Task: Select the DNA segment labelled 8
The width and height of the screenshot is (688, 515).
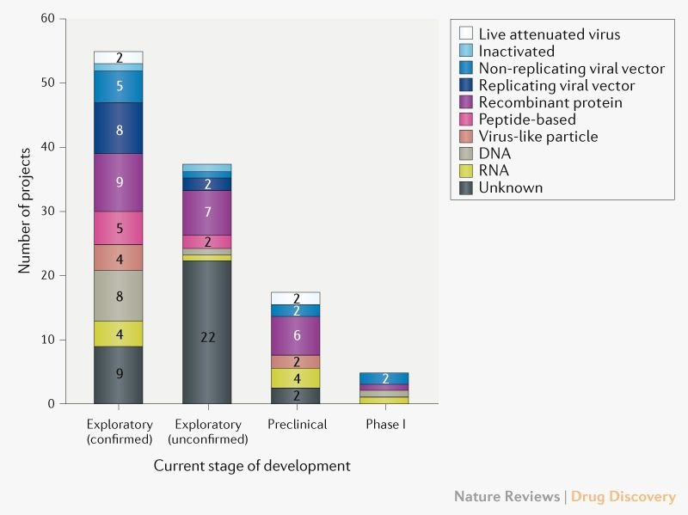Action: pos(119,296)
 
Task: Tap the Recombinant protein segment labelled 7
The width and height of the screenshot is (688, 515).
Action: pos(206,212)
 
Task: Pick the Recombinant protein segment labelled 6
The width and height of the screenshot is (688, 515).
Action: pos(295,335)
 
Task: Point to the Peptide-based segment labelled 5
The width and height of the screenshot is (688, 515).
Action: pos(119,228)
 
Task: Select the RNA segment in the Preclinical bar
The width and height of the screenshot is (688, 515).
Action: pos(295,377)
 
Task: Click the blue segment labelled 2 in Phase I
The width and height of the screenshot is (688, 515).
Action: pos(384,378)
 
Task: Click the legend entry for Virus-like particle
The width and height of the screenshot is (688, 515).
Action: pos(537,136)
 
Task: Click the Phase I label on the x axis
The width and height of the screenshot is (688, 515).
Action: pos(384,424)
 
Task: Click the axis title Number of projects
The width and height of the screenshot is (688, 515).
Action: pos(26,212)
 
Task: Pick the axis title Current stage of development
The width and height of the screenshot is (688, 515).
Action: pos(252,466)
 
